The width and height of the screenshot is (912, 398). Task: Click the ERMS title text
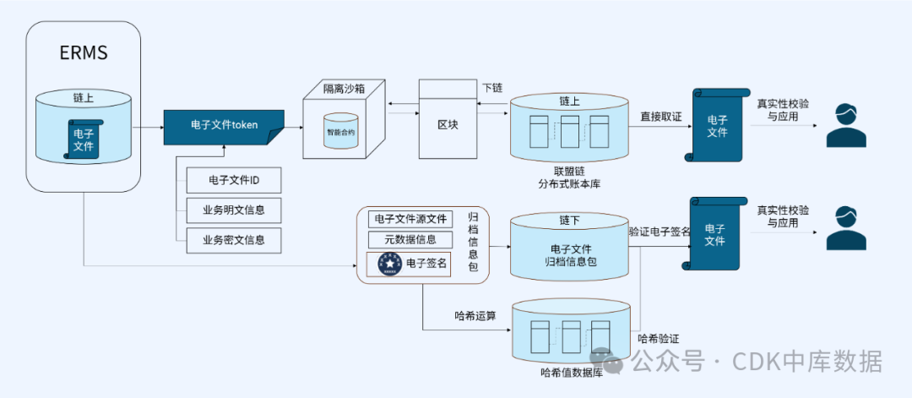point(84,53)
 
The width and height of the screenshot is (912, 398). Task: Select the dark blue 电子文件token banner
point(223,125)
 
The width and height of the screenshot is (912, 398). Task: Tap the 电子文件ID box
point(234,181)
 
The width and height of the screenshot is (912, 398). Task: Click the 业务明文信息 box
point(234,210)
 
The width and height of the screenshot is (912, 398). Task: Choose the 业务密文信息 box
point(234,240)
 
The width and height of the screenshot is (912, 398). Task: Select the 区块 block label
point(448,125)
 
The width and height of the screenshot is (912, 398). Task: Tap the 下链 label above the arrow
point(492,88)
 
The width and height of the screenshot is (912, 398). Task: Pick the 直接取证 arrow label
point(660,117)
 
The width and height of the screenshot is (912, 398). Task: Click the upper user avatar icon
point(846,125)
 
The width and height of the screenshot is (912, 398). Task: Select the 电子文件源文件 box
point(410,219)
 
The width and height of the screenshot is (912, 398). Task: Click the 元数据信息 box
point(410,240)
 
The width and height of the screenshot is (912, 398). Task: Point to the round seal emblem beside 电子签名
point(389,264)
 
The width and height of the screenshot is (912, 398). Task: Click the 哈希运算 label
point(475,316)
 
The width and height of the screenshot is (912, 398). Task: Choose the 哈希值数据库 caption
point(571,371)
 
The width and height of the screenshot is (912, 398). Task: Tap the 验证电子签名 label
point(660,231)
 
